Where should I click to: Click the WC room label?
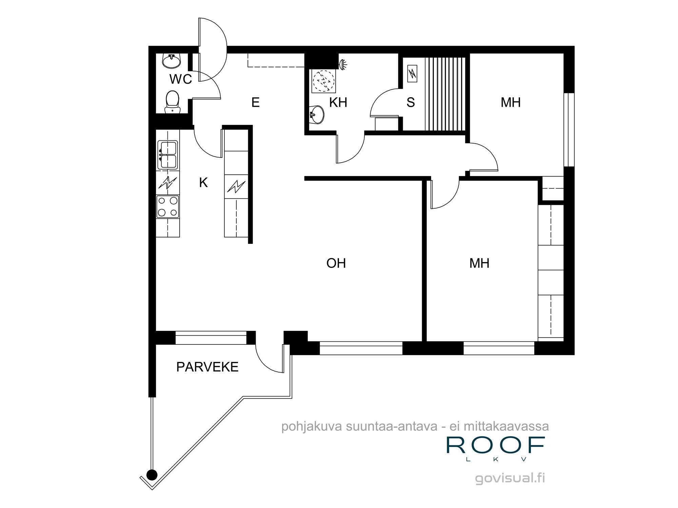coord(181,79)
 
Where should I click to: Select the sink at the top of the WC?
coord(172,61)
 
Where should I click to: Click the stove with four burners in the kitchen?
coord(168,207)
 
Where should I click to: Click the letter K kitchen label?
coord(203,183)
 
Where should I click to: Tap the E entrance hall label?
coord(256,102)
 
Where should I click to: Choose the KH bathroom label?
coord(338,102)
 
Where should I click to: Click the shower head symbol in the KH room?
coord(343,64)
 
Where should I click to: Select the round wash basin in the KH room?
coord(317,114)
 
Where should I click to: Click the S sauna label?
coord(411,102)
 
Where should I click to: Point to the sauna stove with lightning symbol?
coord(412,73)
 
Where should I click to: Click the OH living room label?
coord(336,263)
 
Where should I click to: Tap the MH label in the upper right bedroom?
coord(511,102)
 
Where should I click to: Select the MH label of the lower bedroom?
coord(479,263)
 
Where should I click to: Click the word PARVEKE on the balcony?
coord(207,367)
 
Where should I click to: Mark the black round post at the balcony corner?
coord(152,475)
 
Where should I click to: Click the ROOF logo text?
coord(495,445)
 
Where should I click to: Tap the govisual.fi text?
coord(510,478)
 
